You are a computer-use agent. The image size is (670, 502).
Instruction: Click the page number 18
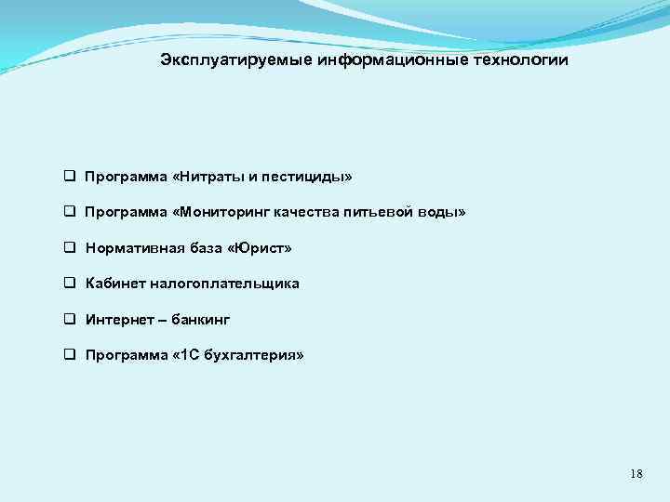[x=636, y=474]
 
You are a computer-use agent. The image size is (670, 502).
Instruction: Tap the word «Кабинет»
[x=114, y=284]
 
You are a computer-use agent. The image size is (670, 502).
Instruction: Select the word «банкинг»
[x=201, y=320]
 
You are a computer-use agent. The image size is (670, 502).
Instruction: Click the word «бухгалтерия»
[x=249, y=356]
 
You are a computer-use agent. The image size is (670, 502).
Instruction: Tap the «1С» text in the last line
[x=182, y=356]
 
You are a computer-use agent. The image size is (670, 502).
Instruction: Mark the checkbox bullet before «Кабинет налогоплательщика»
[x=69, y=284]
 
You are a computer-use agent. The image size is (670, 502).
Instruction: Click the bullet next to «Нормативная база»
[x=69, y=248]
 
